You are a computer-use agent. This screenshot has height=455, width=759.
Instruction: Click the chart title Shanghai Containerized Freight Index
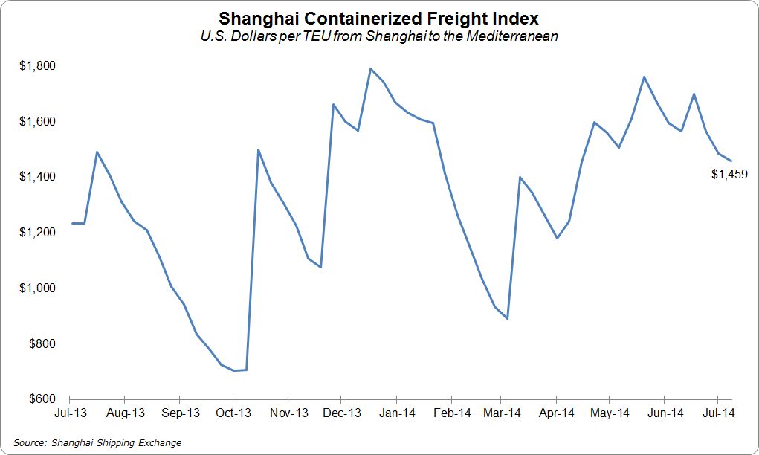(379, 18)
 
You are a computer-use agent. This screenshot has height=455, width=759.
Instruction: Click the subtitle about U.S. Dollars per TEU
(379, 34)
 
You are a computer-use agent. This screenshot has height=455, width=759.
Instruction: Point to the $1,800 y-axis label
(37, 65)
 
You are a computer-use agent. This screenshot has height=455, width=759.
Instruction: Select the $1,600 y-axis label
(37, 121)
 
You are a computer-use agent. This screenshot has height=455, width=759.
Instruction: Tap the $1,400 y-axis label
(37, 177)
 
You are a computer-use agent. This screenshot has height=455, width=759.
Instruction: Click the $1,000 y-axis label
(37, 288)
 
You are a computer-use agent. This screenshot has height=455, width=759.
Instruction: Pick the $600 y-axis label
(40, 399)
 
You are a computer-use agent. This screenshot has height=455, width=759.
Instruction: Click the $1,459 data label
(729, 175)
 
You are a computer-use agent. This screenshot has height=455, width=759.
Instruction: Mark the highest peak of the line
(370, 68)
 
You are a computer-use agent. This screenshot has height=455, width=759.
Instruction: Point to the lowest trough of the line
(233, 370)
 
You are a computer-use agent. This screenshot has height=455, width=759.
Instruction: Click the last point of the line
(731, 161)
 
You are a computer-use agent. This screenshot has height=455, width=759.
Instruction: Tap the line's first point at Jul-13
(72, 223)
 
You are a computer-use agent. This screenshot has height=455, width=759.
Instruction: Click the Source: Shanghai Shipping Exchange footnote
(97, 443)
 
